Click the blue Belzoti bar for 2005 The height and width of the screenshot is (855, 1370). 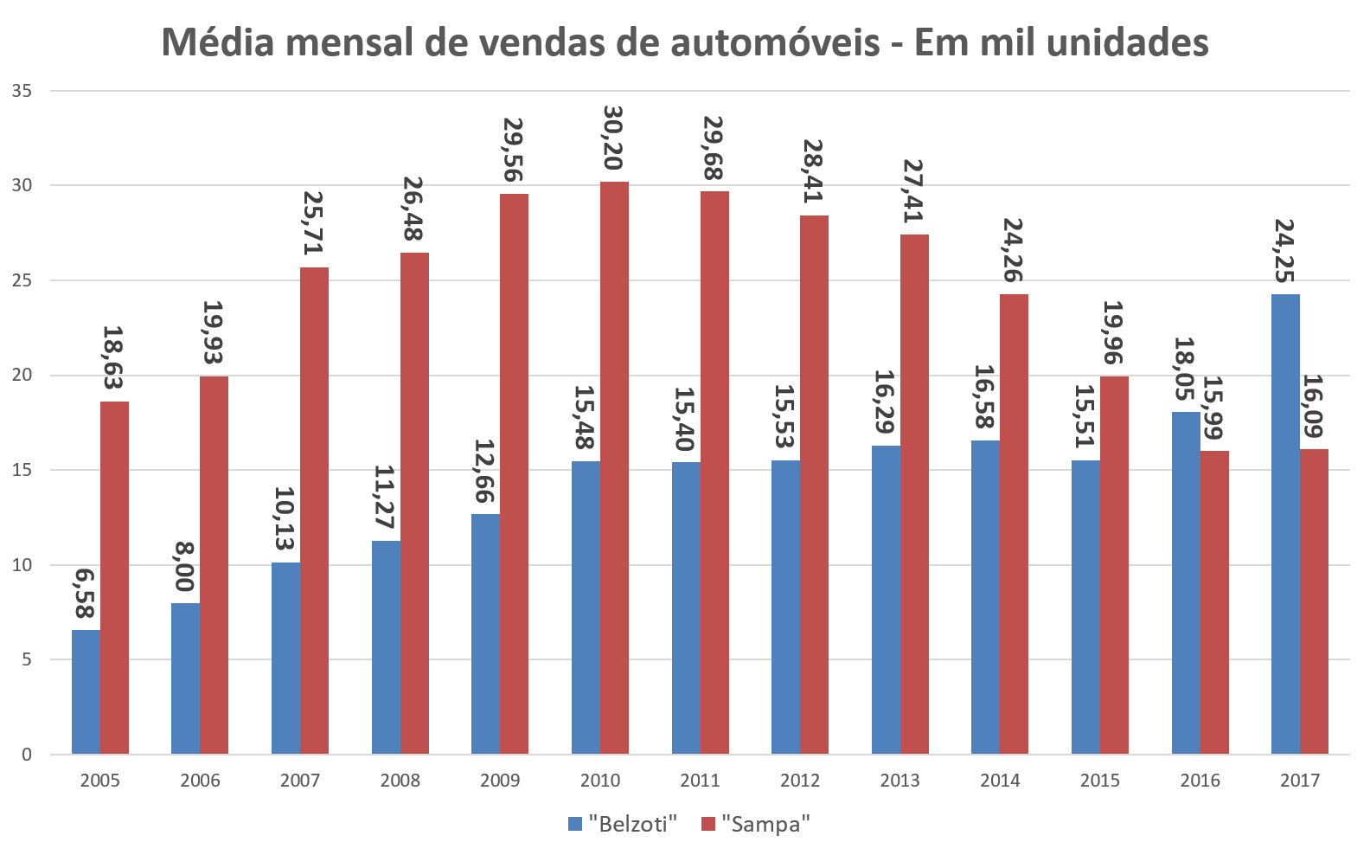coord(86,692)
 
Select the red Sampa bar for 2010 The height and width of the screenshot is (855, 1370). coord(614,467)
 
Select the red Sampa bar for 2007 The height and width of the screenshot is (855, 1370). coord(314,511)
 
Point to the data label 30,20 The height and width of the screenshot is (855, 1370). coord(613,138)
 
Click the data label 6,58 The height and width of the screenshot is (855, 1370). coord(84,594)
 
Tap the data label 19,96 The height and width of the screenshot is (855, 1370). coord(1112,333)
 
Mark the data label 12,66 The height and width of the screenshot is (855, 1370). coord(484,471)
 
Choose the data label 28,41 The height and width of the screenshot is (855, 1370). coord(813,171)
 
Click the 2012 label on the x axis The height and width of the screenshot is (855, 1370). coord(800,781)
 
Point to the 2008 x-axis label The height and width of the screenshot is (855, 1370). coord(400,781)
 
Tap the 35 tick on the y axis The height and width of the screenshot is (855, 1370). coord(22,91)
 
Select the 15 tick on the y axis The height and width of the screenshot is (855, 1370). coord(22,470)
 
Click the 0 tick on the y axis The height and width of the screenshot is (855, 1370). coord(27,755)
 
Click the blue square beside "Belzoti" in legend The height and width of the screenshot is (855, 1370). coord(575,824)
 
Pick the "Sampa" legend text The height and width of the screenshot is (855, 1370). coord(765,824)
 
